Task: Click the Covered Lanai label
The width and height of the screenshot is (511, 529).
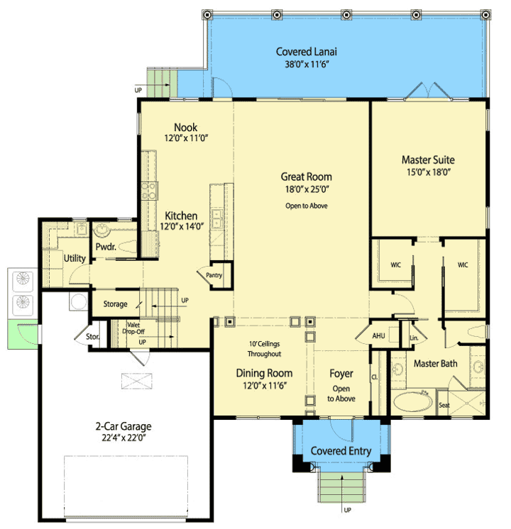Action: tap(306, 52)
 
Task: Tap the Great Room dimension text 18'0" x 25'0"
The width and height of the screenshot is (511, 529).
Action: tap(307, 189)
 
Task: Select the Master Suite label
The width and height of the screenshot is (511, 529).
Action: tap(428, 160)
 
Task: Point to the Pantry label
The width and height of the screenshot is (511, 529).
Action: tap(214, 275)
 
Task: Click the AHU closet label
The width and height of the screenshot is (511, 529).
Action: tap(378, 335)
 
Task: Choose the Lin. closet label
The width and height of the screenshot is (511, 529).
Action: tap(414, 338)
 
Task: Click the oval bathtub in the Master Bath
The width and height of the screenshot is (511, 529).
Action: tap(413, 401)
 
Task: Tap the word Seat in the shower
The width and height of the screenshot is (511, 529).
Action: tap(444, 405)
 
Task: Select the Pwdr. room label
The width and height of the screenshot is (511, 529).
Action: tap(106, 247)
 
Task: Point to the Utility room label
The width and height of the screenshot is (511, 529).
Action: tap(75, 258)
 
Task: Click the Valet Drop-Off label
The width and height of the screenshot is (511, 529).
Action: tap(133, 328)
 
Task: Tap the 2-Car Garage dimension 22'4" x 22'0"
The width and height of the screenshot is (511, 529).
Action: tap(123, 438)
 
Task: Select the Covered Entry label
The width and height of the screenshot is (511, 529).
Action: tap(341, 451)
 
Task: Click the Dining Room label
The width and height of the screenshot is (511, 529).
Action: tap(264, 373)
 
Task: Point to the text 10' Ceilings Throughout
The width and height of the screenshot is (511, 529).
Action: tap(265, 349)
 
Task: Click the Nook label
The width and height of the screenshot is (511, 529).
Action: tap(185, 127)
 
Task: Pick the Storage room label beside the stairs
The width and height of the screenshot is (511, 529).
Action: tap(115, 304)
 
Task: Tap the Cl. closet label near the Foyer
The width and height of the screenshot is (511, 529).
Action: tap(375, 377)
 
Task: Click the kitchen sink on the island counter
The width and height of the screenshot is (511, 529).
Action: tap(216, 219)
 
